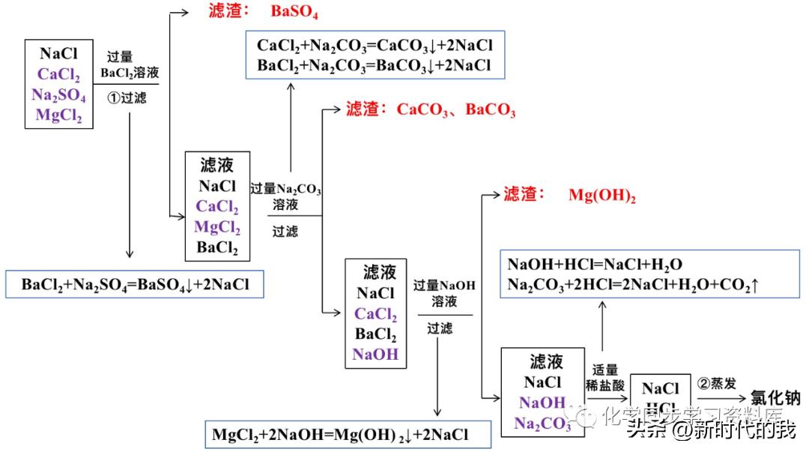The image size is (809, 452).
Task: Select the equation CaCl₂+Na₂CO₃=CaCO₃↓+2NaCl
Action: [375, 46]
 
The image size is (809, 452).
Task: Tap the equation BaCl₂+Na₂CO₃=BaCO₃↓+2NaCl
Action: [375, 65]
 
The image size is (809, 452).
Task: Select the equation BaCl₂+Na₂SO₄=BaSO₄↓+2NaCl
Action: [135, 285]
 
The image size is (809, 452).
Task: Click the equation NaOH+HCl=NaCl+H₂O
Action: [595, 264]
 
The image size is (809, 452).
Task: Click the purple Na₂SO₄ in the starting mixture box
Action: [58, 95]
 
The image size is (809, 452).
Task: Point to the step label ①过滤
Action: [130, 97]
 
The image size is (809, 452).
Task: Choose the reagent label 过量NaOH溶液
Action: [443, 293]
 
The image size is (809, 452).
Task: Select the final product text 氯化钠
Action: [775, 397]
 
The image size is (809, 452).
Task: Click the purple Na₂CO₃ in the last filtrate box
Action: [542, 423]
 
